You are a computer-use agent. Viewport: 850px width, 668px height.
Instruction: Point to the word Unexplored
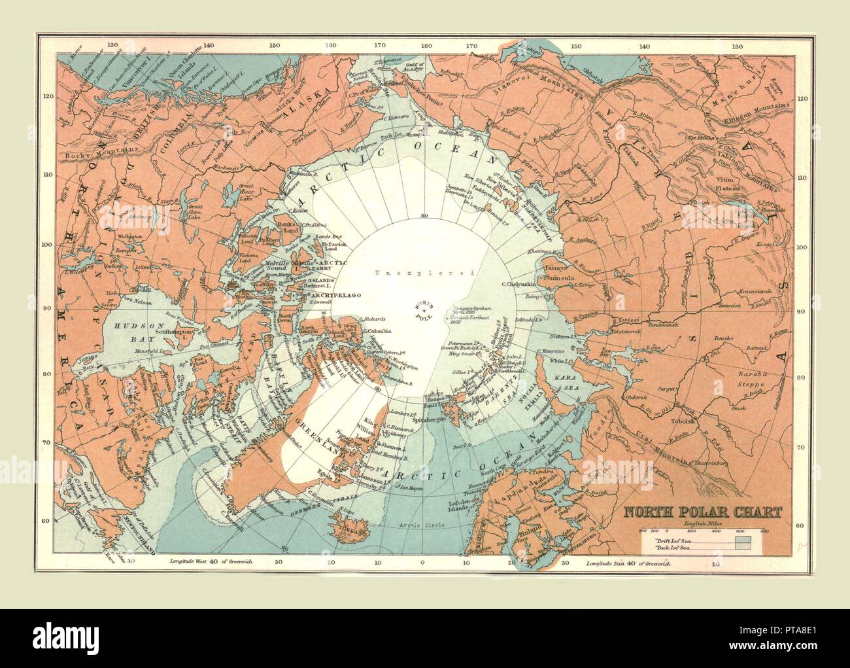tap(425, 272)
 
